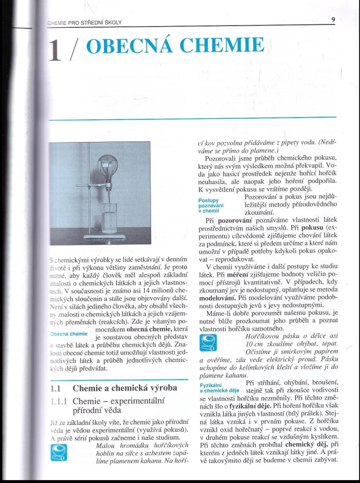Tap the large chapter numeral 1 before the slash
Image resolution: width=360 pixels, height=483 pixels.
point(55,51)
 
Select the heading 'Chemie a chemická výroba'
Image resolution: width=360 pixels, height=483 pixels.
point(124,388)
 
